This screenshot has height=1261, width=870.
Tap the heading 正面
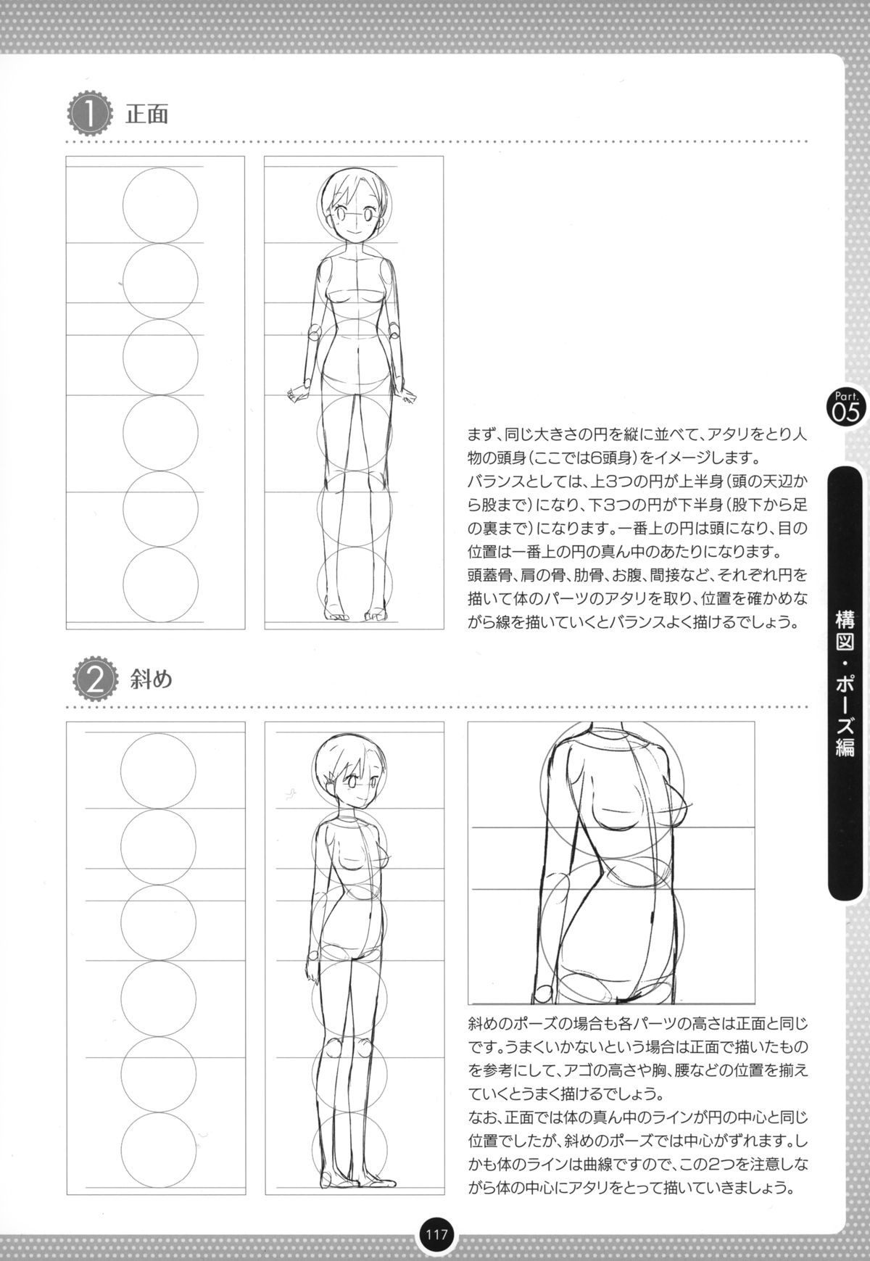point(147,115)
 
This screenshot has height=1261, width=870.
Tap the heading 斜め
point(151,680)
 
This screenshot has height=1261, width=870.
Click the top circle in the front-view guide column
point(160,205)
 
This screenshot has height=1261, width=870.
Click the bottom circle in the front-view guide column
point(160,584)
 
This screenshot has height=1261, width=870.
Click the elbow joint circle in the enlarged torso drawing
point(542,995)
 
